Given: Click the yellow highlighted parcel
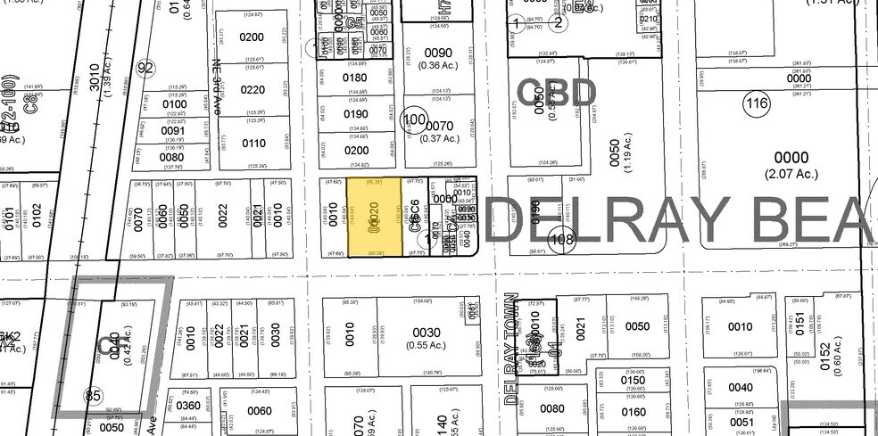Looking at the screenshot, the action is tap(376, 218).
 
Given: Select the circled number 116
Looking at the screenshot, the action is tap(758, 103).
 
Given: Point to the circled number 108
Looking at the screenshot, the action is tap(561, 239).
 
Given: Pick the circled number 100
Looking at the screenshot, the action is tap(414, 119).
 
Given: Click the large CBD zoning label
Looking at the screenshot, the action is tap(556, 93).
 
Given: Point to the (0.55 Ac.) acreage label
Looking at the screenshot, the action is tap(427, 345).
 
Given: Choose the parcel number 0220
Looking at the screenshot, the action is tap(253, 89).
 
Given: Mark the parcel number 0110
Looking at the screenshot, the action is tap(253, 144).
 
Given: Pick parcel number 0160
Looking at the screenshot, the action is tap(634, 411).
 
